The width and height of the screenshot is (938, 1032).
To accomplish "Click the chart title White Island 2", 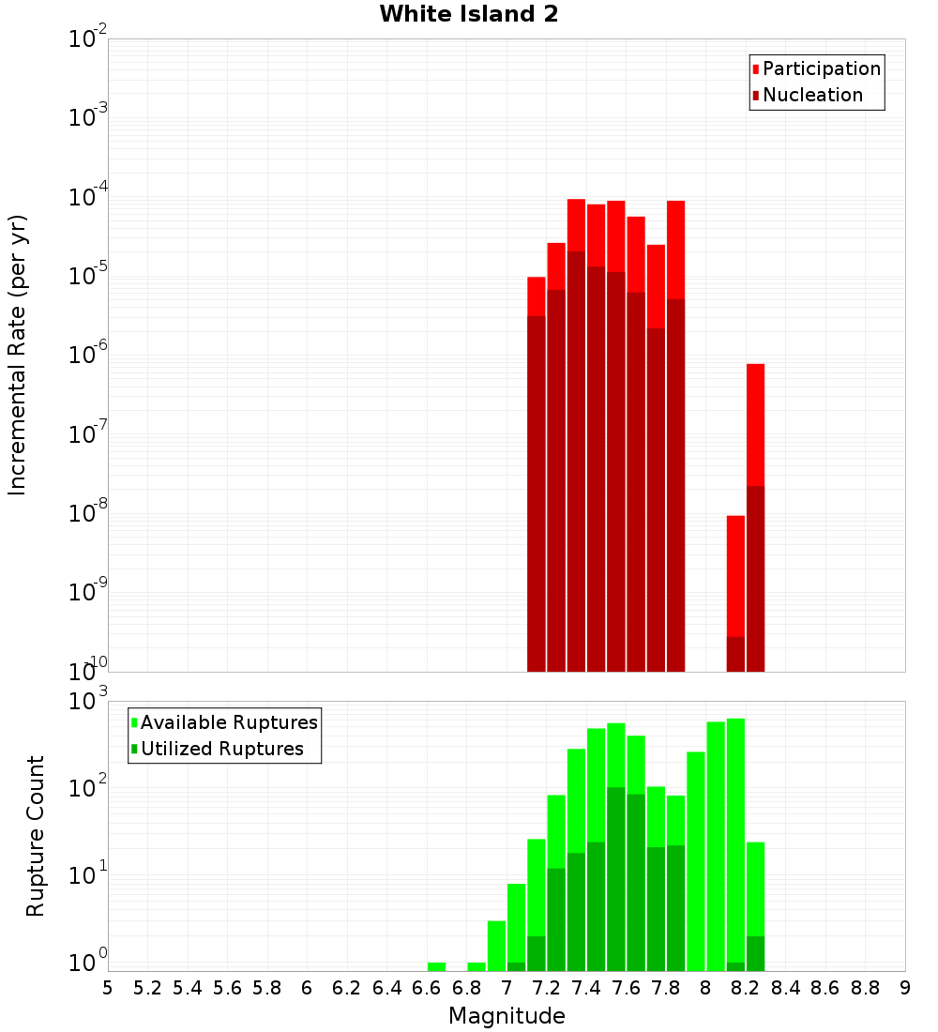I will (x=469, y=15).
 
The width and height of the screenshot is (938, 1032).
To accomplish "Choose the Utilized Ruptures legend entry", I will (x=221, y=750).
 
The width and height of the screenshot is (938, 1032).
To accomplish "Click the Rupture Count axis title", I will (x=36, y=836).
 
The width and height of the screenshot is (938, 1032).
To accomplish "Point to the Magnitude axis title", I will (x=507, y=1017).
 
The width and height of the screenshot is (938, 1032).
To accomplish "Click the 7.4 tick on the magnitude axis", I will (x=586, y=988).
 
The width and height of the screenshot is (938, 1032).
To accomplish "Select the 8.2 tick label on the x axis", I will (x=746, y=988).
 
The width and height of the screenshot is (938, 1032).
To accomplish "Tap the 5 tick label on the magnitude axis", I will (x=108, y=988).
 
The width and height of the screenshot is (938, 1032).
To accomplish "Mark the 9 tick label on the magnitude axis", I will (x=905, y=988).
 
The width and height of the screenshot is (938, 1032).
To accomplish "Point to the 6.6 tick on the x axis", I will (x=427, y=988).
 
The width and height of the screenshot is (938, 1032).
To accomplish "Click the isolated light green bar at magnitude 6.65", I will (x=436, y=966).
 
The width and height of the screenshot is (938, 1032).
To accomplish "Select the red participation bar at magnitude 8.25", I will (x=755, y=422).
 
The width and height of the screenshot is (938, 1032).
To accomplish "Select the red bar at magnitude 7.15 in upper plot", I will (x=537, y=296).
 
